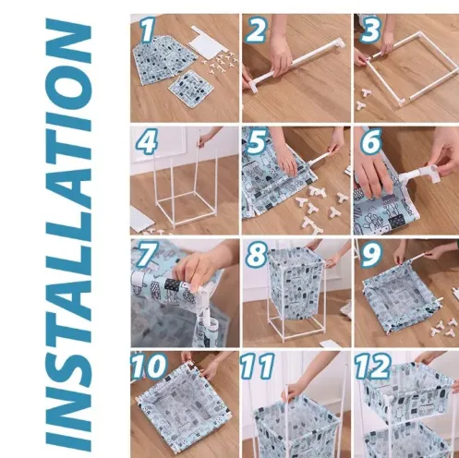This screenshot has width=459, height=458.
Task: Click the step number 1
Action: [148, 30]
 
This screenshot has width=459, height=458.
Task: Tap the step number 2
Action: [256, 30]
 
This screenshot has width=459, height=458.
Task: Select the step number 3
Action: [370, 30]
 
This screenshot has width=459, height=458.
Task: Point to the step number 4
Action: [147, 141]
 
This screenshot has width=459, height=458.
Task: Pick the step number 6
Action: [371, 141]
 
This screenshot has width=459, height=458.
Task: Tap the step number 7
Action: [147, 254]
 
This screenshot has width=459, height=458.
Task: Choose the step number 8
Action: [257, 254]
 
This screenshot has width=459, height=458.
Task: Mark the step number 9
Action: [371, 254]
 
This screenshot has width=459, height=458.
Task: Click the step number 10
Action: [150, 366]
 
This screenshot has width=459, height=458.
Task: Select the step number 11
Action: [258, 366]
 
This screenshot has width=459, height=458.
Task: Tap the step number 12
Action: [373, 366]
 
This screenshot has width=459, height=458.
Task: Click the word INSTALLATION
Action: [68, 235]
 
